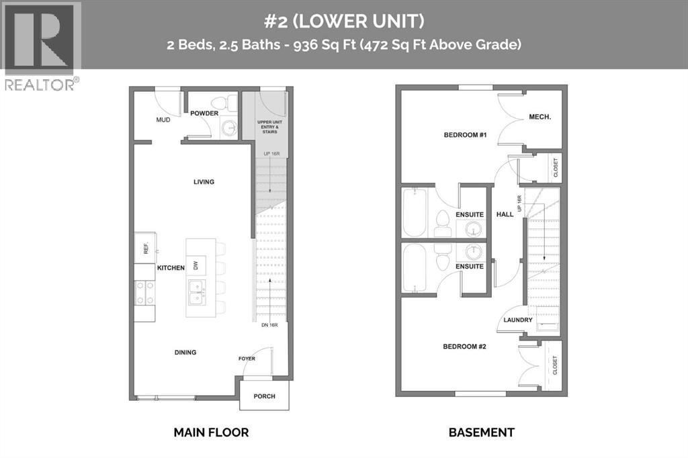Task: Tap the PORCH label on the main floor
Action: pos(265,396)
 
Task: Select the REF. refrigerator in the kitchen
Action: pos(145,247)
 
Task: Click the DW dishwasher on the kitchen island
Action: pos(196,267)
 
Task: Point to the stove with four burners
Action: pos(144,293)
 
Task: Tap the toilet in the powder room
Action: pos(232,103)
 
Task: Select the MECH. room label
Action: pos(540,117)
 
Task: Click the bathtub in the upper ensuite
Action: pos(413,212)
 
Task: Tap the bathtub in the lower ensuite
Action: pos(413,268)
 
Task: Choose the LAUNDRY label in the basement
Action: pos(519,320)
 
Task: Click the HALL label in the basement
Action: pos(505,214)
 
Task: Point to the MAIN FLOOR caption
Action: pos(211,432)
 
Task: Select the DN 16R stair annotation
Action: pos(269,326)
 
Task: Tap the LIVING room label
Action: pos(204,181)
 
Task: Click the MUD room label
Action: pos(163,120)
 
